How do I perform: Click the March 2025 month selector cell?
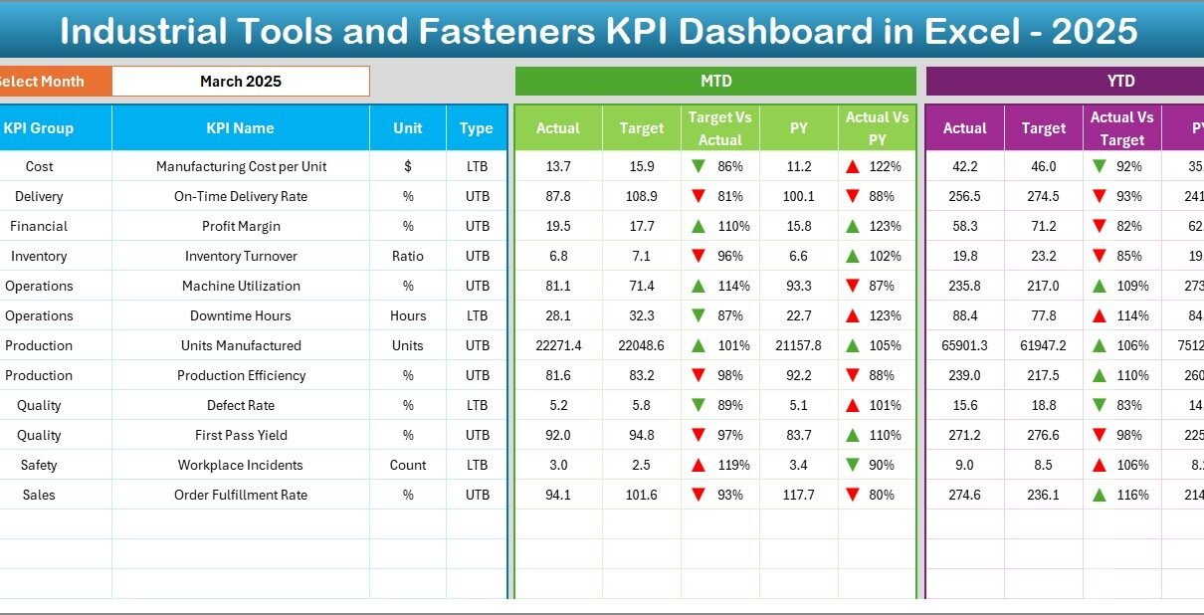tap(240, 82)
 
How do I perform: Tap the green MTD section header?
tap(715, 82)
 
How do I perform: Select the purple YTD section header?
tap(1120, 82)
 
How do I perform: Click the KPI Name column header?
tap(240, 128)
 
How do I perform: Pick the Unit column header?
tap(407, 128)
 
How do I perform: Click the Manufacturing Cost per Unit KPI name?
tap(241, 166)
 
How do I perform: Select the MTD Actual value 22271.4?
tap(558, 345)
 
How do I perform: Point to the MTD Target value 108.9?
tap(642, 196)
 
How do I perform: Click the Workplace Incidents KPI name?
tap(241, 465)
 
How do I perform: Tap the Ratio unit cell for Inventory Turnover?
tap(408, 256)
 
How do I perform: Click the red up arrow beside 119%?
tap(699, 465)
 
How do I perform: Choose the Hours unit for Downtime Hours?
tap(408, 315)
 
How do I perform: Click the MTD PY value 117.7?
tap(799, 495)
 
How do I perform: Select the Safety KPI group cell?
tap(39, 465)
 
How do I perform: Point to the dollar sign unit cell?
tap(408, 166)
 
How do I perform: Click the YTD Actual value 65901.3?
tap(964, 345)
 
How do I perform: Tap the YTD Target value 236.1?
tap(1044, 495)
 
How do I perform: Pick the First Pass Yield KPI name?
tap(241, 435)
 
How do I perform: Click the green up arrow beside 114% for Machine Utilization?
tap(699, 286)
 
